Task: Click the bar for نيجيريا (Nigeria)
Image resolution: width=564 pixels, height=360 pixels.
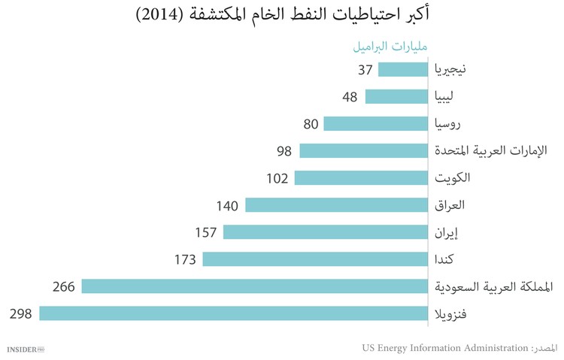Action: (x=404, y=70)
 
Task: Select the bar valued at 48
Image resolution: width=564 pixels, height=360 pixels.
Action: (x=397, y=97)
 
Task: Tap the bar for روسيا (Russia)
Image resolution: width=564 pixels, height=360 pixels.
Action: (x=377, y=124)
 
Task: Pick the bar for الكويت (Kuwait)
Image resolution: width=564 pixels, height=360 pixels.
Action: (x=362, y=178)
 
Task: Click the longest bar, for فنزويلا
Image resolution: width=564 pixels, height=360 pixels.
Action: (x=234, y=313)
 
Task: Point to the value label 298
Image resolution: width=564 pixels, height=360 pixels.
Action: (x=20, y=313)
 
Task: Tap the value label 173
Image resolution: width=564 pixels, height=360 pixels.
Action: (x=183, y=259)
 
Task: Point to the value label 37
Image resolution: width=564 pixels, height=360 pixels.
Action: (x=365, y=70)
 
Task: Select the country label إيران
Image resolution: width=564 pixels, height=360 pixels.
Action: (x=449, y=232)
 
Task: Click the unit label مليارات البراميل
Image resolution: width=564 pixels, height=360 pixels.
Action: (x=390, y=47)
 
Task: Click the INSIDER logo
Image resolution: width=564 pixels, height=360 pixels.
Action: (x=26, y=349)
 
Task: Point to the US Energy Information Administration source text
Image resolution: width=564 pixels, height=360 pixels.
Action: (x=445, y=348)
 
